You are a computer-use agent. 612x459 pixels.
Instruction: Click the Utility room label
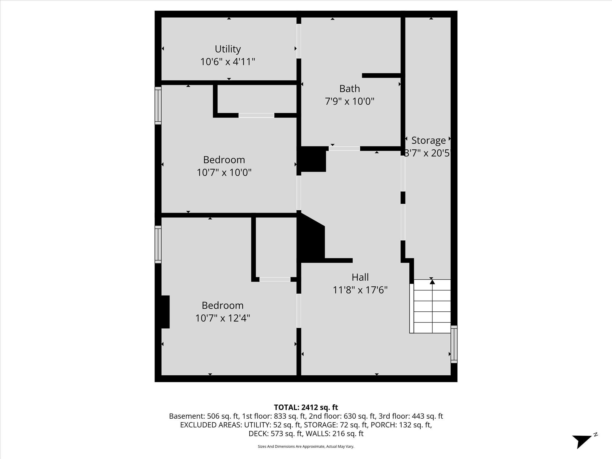coord(228,49)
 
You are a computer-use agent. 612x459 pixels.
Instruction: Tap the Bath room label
coord(349,89)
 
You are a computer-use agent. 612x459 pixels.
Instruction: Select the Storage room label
coord(428,140)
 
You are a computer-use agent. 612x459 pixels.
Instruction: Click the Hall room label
coord(360,277)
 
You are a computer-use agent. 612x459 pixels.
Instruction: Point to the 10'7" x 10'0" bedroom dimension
coord(224,173)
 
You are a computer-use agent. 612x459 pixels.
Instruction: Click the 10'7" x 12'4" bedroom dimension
coord(223,318)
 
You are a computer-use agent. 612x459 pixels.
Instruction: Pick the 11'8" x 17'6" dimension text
coord(360,290)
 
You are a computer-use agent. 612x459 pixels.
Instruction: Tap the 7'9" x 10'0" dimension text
coord(349,102)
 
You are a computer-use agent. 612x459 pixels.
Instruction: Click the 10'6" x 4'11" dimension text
coord(228,62)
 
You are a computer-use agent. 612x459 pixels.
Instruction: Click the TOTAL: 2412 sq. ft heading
coord(306,407)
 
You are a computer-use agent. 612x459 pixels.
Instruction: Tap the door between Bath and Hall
coord(344,149)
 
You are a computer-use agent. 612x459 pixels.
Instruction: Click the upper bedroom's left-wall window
coord(158,105)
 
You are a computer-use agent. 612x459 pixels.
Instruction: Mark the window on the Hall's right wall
coord(454,344)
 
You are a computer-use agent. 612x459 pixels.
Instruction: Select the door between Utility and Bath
coord(299,41)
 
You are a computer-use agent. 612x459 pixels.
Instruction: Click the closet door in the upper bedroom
coord(256,115)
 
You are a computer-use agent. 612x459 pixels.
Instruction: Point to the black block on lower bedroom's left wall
coord(165,312)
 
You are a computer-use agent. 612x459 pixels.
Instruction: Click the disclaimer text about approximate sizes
coord(306,446)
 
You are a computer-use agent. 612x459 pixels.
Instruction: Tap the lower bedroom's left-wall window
coord(158,244)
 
